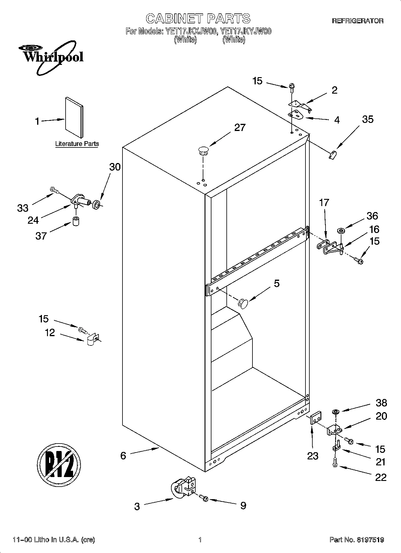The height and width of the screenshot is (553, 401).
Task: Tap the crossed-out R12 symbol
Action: tap(59, 466)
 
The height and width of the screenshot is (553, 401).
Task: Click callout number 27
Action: tap(240, 128)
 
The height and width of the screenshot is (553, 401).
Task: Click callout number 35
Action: tap(367, 119)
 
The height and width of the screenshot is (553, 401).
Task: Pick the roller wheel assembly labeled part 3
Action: tap(182, 489)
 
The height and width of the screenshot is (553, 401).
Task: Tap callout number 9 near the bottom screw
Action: tap(243, 505)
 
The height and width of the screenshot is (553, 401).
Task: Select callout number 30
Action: tap(115, 167)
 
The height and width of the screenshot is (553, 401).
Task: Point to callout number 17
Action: tap(324, 203)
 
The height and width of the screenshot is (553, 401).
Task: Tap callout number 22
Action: tap(381, 477)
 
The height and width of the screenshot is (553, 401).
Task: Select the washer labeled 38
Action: tap(335, 412)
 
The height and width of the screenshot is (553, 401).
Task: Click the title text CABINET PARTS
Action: tap(198, 19)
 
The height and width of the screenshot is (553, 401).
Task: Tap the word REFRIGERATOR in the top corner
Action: tap(358, 21)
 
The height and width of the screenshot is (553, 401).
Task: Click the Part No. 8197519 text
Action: tap(357, 540)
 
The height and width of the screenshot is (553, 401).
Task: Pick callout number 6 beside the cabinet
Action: tap(123, 455)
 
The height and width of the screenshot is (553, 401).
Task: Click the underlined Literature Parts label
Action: tap(77, 144)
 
